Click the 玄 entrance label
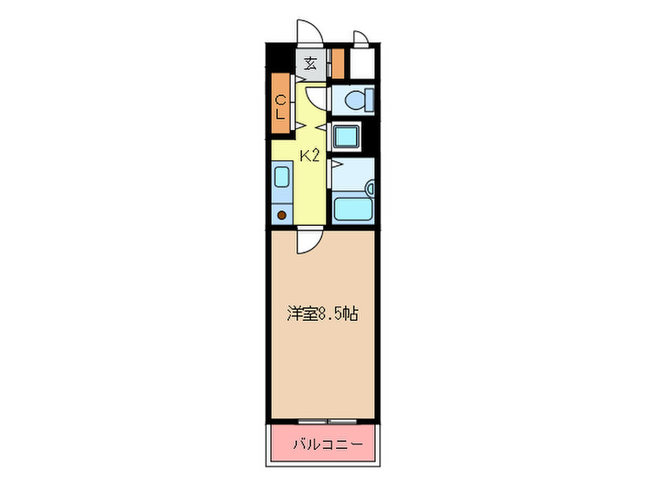[x=311, y=64]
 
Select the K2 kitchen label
[x=309, y=155]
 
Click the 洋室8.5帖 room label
[x=323, y=314]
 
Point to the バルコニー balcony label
[x=324, y=445]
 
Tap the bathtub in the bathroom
[x=350, y=208]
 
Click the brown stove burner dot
[x=282, y=216]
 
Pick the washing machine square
[x=345, y=137]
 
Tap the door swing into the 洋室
[x=307, y=242]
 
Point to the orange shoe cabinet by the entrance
[x=337, y=64]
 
